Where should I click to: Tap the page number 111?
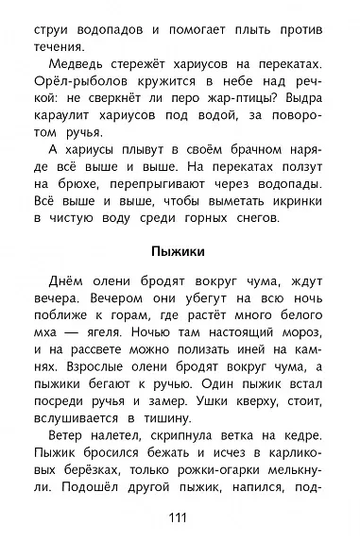(180, 517)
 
